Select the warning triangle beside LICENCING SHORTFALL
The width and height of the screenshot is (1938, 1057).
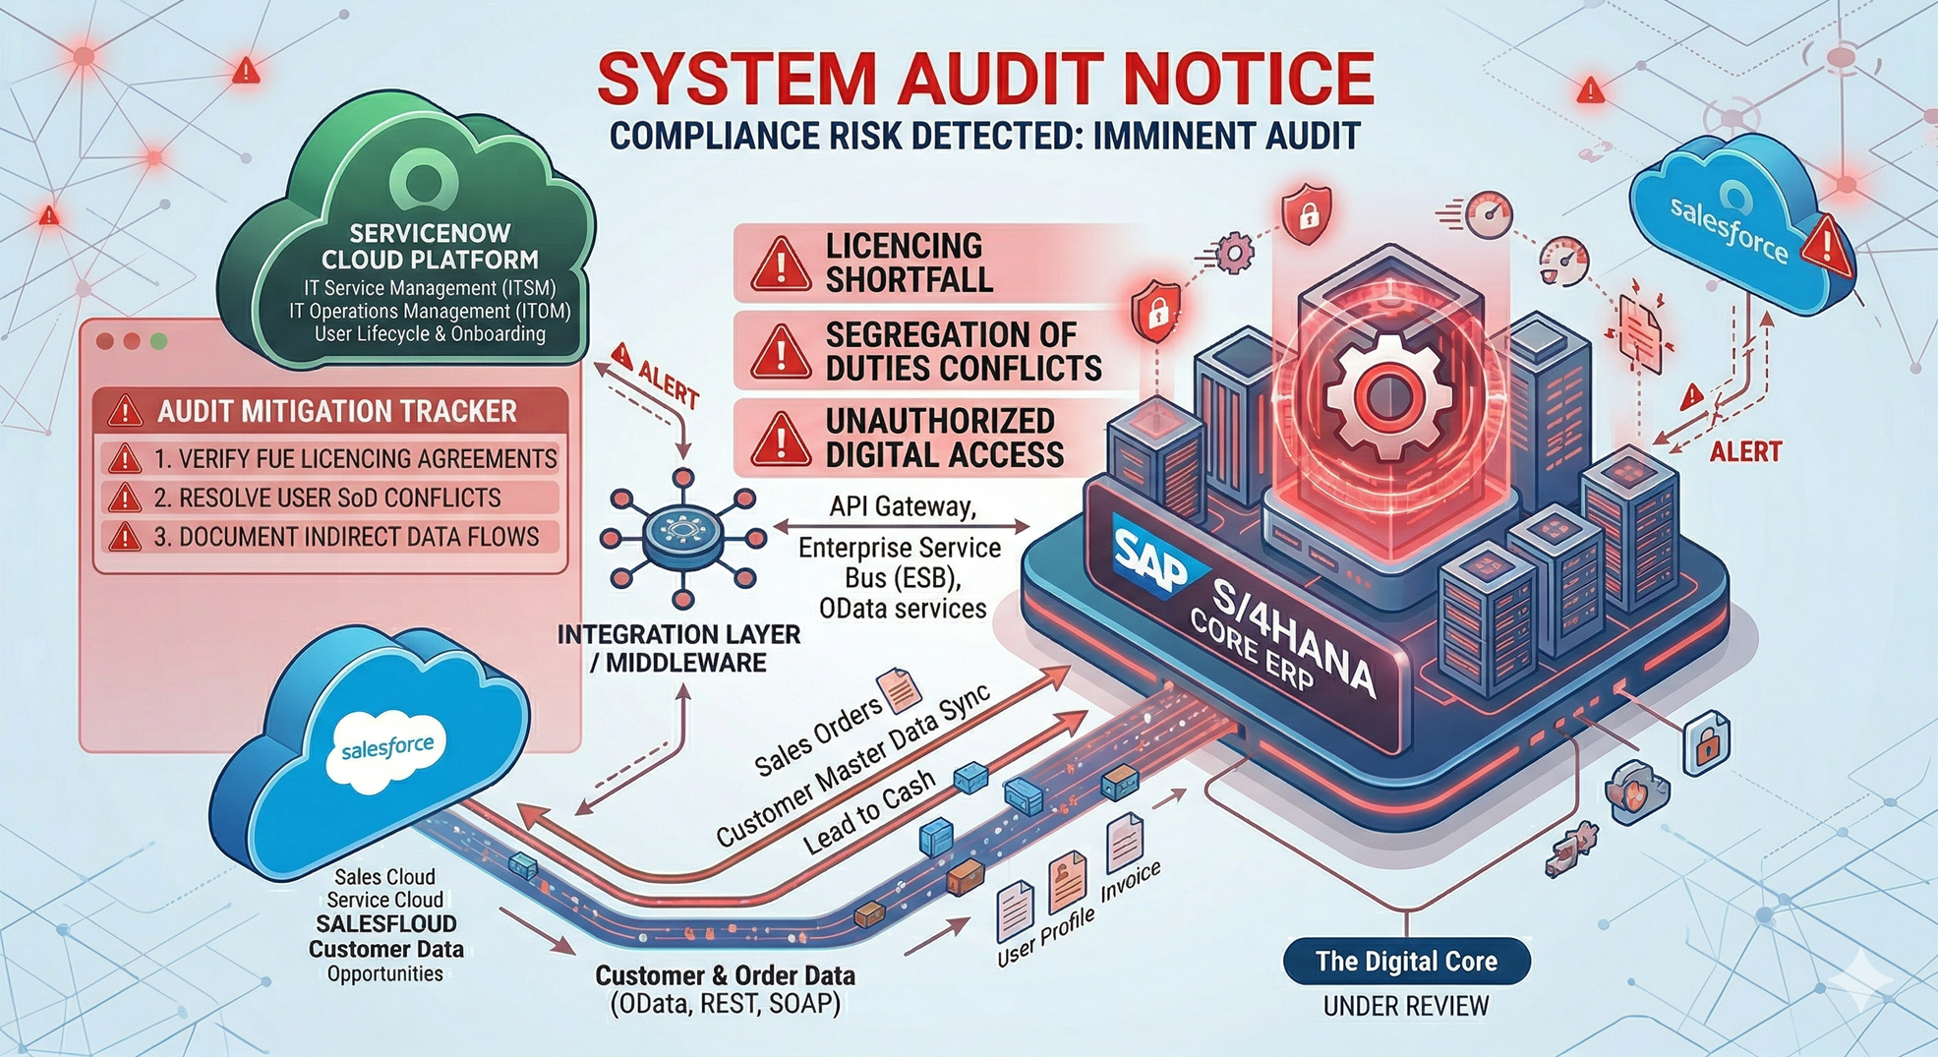pos(781,264)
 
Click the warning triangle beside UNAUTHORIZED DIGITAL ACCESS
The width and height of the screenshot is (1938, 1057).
pos(781,439)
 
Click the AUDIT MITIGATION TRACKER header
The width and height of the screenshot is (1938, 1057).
pos(336,411)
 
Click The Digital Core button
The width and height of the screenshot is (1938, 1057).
pos(1406,962)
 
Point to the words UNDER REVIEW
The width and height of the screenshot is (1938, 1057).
pos(1405,1006)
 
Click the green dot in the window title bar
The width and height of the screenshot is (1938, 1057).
pos(158,341)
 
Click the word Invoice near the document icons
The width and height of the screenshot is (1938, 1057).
pos(1131,881)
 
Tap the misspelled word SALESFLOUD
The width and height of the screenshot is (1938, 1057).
pos(386,924)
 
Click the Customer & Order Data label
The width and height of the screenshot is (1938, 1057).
pos(725,976)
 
